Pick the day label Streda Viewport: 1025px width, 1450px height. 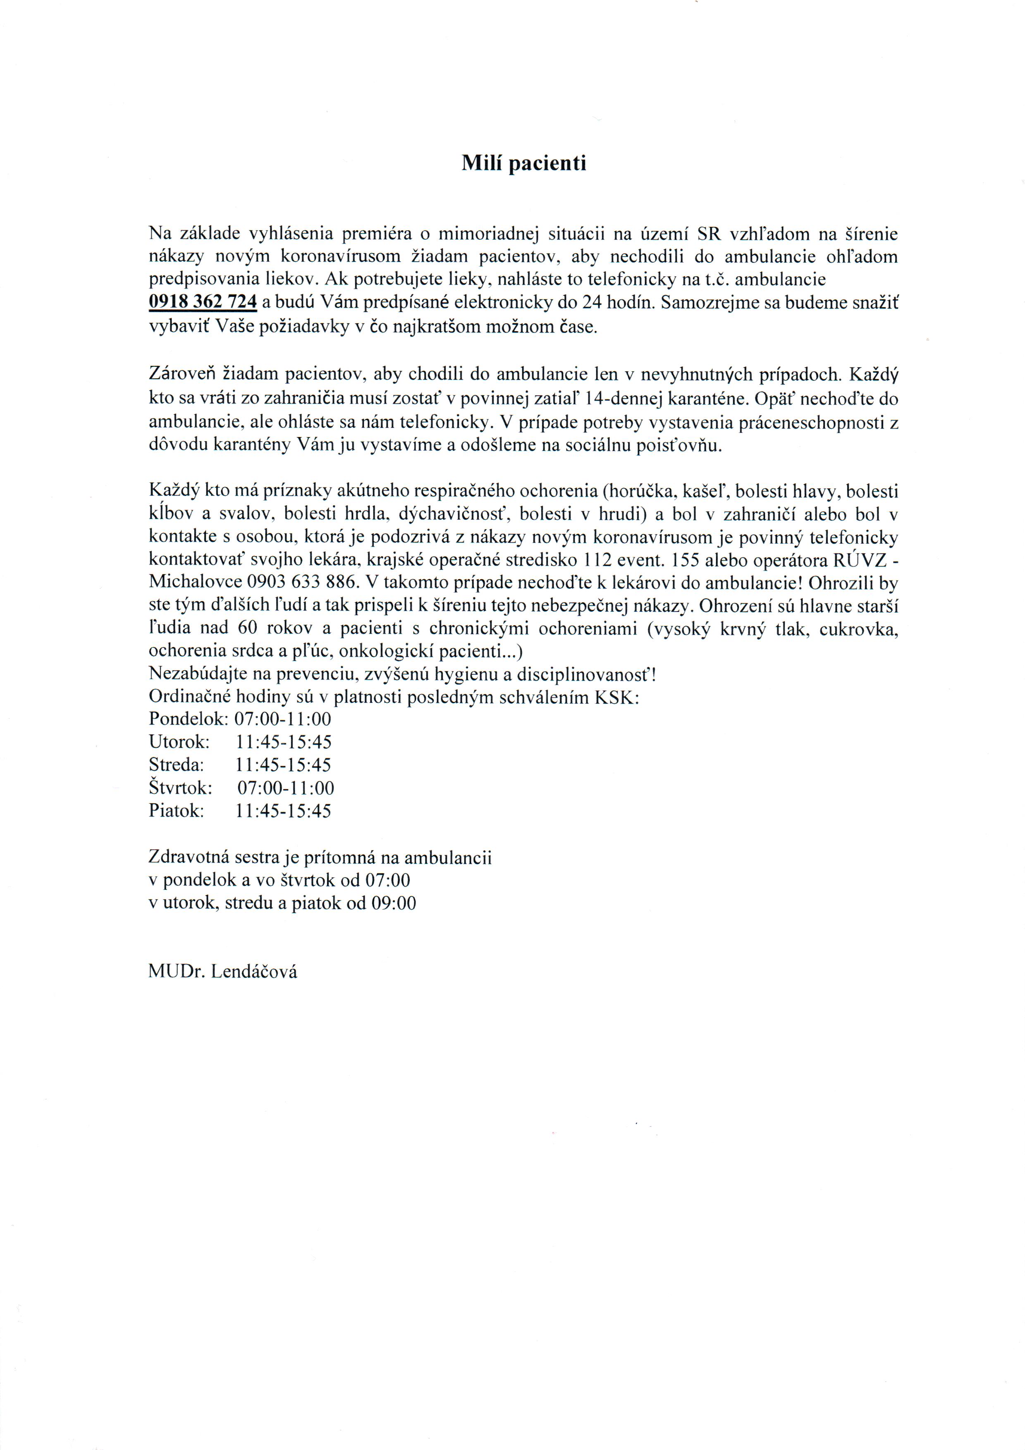pyautogui.click(x=176, y=765)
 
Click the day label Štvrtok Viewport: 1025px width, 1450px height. pyautogui.click(x=180, y=788)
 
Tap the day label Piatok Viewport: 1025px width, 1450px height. pyautogui.click(x=176, y=811)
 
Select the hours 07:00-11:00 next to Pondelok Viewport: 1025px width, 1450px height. pyautogui.click(x=283, y=719)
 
